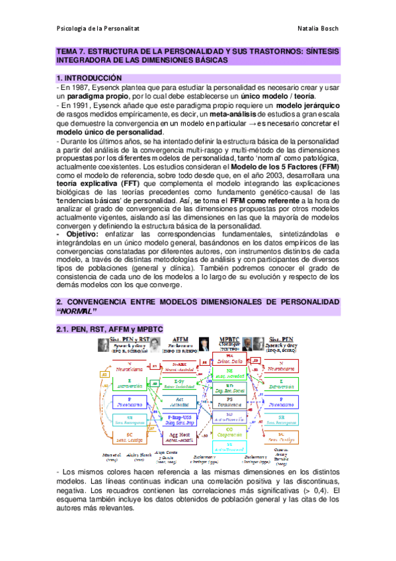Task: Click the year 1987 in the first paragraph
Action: [x=85, y=87]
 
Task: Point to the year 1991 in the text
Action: [x=85, y=105]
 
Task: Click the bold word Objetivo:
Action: [x=77, y=234]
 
